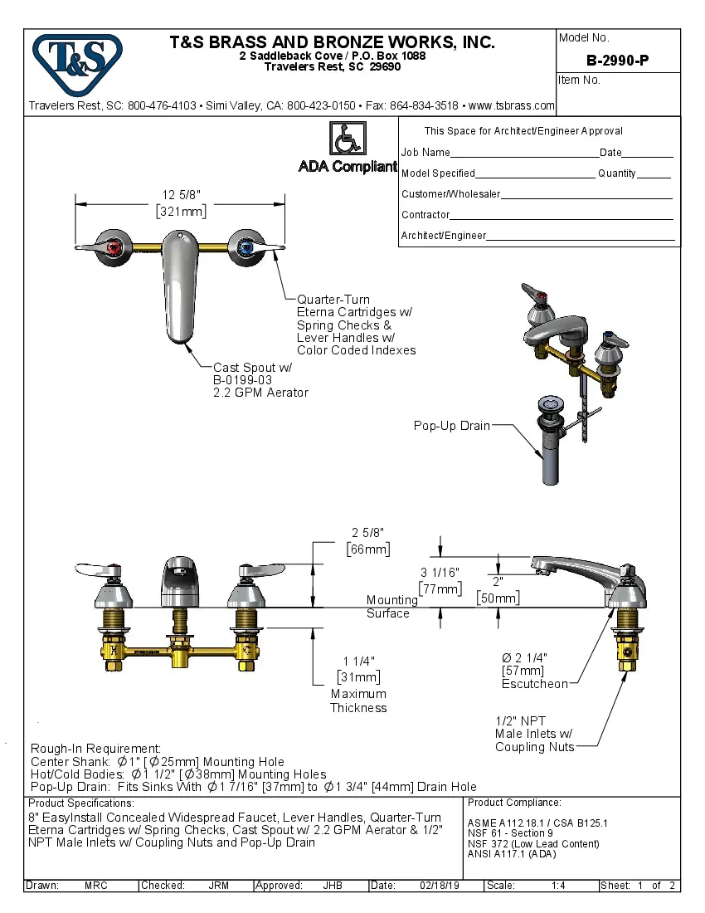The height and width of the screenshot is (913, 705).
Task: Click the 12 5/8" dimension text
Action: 181,195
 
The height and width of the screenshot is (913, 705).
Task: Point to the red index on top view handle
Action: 114,247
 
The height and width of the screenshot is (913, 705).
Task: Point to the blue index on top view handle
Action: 246,247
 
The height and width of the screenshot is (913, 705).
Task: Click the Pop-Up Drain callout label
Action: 452,426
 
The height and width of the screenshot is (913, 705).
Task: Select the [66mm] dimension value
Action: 367,549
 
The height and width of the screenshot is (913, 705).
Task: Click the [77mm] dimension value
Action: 439,588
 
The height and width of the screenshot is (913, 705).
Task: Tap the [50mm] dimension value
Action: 498,598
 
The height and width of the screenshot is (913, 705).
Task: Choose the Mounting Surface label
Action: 388,607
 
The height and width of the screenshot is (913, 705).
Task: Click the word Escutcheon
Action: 535,684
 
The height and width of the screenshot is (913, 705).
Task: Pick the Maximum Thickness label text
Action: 358,701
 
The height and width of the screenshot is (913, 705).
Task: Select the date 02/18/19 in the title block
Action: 440,886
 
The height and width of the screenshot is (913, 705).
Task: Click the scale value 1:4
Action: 558,886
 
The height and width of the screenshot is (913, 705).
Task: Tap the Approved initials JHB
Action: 333,886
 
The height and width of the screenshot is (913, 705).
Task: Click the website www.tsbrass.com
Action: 511,105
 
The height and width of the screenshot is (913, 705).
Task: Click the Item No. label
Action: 580,81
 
